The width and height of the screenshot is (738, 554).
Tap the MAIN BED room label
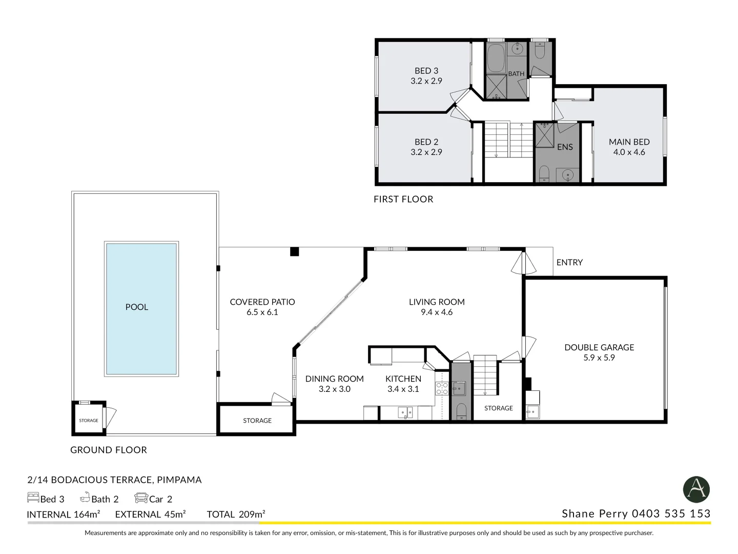629,142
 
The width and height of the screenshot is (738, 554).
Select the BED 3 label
426,71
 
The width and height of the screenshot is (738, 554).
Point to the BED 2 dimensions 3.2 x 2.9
426,152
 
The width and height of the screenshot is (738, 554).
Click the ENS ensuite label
564,147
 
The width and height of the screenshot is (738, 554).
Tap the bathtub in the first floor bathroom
496,58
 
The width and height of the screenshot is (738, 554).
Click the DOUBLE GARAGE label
599,348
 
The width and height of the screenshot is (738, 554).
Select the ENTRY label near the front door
569,263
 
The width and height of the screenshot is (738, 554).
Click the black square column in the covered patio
294,251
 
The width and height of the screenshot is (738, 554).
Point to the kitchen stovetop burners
442,389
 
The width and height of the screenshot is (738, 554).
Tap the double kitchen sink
405,412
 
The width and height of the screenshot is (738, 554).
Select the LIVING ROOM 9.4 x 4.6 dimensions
436,312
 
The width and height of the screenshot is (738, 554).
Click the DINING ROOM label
334,379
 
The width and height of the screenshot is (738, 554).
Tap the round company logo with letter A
696,489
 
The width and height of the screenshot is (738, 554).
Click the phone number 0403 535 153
671,514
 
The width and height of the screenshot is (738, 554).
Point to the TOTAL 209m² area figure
236,515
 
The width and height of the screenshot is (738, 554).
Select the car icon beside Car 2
141,498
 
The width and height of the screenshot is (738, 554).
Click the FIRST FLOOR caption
403,200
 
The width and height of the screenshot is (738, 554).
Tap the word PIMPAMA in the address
179,480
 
